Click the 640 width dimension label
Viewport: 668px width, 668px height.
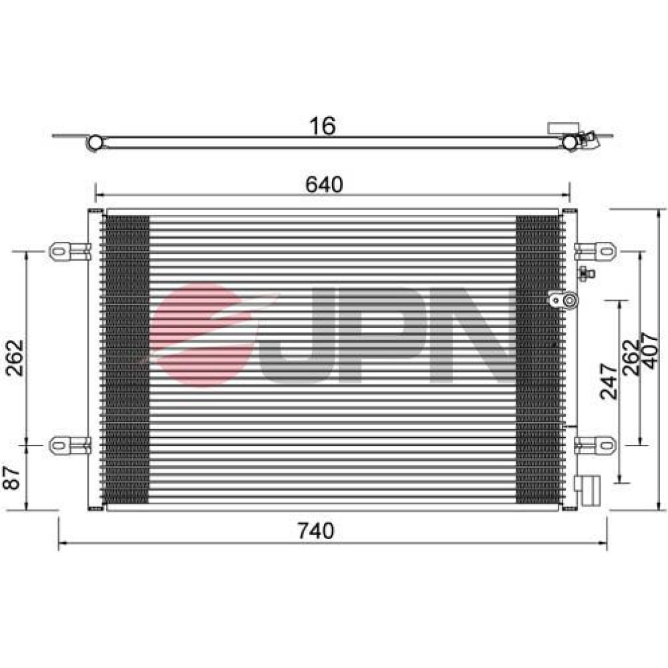[324, 184]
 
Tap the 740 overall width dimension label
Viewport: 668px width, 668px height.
[316, 531]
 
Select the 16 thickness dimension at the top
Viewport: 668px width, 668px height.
[323, 126]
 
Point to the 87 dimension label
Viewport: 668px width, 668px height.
[12, 478]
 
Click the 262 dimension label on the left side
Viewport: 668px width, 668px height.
[15, 358]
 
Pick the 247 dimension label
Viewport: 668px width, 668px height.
[609, 381]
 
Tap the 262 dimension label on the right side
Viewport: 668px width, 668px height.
[631, 358]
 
